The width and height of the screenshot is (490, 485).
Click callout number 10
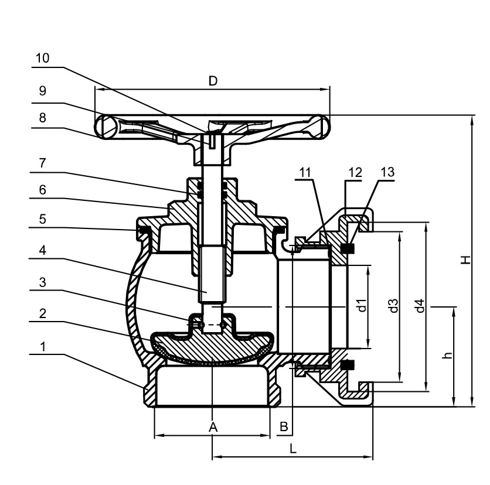43,58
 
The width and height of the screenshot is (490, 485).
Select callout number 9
43,91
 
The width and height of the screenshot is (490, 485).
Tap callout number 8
43,118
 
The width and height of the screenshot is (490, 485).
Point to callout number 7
43,163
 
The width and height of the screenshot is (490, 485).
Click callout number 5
43,219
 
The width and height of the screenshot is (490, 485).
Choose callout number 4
43,250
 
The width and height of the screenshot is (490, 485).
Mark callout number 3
43,282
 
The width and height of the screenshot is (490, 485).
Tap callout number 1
43,346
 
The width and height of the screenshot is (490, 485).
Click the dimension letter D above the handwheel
213,81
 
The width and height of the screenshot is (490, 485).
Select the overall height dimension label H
465,259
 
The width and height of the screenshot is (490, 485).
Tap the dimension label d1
363,305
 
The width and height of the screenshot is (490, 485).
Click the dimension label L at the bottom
293,449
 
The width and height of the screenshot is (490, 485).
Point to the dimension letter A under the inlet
213,427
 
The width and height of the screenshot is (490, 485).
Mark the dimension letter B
284,427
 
